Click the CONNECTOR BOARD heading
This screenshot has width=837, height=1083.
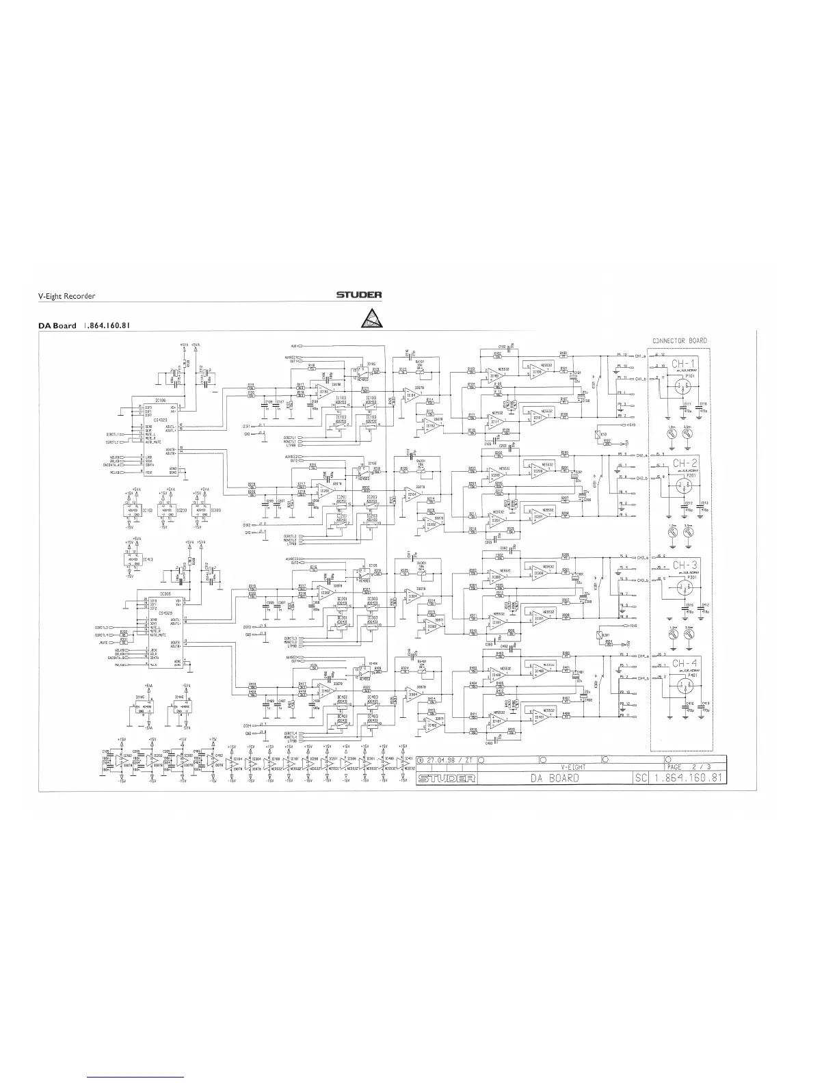click(679, 340)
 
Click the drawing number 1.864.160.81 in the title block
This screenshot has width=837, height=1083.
click(687, 779)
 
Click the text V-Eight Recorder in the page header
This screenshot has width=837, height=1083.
click(66, 296)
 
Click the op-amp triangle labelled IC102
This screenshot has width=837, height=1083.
click(323, 390)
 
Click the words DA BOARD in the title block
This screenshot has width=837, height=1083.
click(554, 779)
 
